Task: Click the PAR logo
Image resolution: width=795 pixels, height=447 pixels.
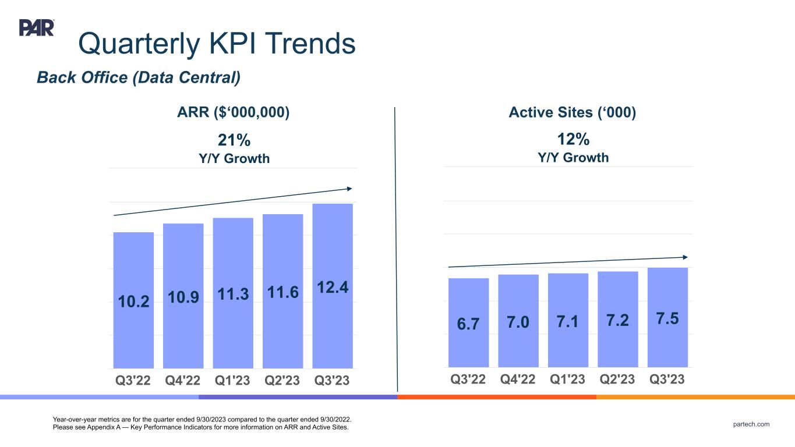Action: click(37, 27)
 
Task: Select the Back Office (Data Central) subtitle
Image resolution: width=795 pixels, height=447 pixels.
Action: click(139, 77)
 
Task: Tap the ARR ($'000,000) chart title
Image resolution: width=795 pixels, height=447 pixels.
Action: click(234, 112)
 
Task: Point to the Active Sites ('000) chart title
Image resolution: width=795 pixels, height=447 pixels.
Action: click(572, 112)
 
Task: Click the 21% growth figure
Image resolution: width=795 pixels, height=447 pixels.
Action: click(234, 140)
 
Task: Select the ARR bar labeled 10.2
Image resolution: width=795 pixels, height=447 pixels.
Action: click(133, 326)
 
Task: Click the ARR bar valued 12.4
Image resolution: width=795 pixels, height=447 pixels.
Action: click(333, 326)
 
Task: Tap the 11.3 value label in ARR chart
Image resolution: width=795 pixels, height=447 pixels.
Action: click(233, 295)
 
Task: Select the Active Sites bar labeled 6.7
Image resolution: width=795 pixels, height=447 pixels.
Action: click(468, 343)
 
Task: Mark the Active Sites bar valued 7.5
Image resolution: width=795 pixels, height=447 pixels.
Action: click(667, 343)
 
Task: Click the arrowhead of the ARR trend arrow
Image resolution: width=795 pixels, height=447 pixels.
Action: click(349, 188)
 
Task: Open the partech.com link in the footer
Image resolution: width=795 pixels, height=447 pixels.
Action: click(751, 424)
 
